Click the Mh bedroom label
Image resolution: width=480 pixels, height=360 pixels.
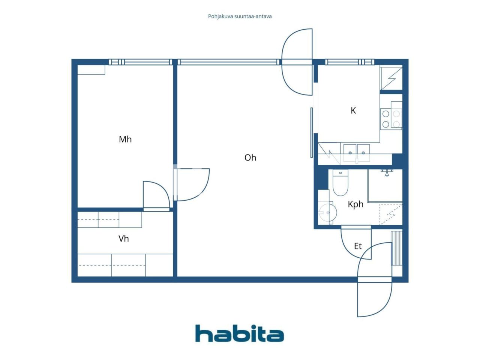pos(125,139)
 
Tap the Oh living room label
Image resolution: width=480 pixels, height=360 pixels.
pos(250,157)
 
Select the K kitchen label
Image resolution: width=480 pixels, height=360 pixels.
pos(353,111)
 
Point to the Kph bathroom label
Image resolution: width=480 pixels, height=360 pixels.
pos(355,204)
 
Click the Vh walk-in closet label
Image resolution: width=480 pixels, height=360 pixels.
pos(123,239)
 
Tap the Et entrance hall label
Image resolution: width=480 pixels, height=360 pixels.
pos(358,246)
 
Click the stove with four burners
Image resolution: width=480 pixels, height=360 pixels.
pos(391,119)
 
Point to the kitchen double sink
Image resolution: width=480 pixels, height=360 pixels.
pos(357,151)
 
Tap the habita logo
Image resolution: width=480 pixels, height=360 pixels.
pos(239,333)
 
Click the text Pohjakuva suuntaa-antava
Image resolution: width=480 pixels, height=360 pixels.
pos(240,16)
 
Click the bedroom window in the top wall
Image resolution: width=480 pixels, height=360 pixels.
pos(140,62)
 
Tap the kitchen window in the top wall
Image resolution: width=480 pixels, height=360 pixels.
pos(349,62)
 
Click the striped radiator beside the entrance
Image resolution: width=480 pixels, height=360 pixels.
pos(396,248)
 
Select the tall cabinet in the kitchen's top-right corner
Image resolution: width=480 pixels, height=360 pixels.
pos(391,78)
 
